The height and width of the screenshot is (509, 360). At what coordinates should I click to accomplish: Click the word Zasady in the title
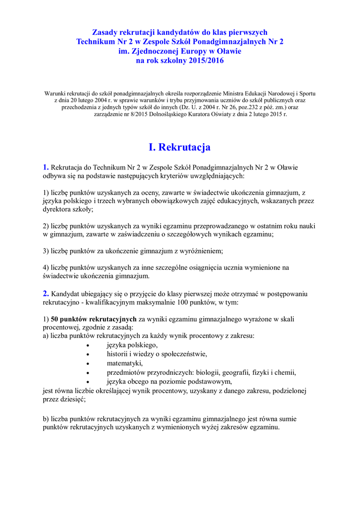click(x=105, y=32)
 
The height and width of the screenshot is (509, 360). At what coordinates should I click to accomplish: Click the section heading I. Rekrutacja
click(x=180, y=147)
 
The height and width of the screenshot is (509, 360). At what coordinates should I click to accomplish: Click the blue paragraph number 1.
click(x=46, y=167)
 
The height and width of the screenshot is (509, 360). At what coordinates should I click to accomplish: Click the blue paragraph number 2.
click(x=46, y=293)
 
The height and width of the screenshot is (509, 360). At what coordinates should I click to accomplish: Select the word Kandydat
click(x=67, y=294)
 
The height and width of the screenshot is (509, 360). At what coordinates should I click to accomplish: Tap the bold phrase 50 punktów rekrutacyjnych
click(x=93, y=319)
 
